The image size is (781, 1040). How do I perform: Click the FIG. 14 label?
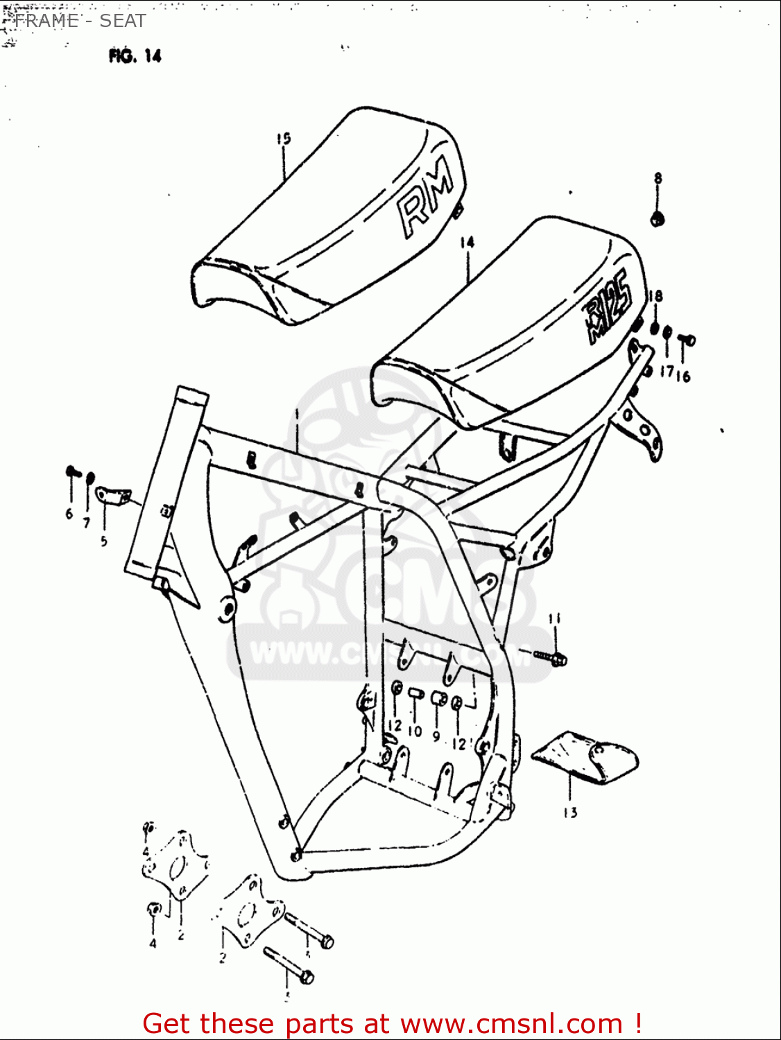[x=135, y=56]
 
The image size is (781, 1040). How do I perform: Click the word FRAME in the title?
[x=47, y=21]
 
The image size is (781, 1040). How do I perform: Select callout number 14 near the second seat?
[x=467, y=242]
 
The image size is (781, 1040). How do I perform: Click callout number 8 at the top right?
[x=658, y=178]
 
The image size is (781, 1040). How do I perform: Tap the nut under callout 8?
[x=658, y=219]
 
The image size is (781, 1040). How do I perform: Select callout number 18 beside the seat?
[x=655, y=296]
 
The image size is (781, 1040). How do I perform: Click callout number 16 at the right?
[x=684, y=376]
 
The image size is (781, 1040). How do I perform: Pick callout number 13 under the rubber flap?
[x=570, y=813]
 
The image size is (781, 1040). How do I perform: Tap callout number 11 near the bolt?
[x=554, y=618]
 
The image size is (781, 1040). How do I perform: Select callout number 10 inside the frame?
[x=415, y=731]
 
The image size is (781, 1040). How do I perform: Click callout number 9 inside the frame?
[x=436, y=736]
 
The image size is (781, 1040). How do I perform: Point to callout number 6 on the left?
[x=69, y=514]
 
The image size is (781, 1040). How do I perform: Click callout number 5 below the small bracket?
[x=104, y=541]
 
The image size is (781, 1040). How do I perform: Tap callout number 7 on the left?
[x=87, y=523]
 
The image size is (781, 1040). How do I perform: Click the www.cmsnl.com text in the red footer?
[x=511, y=1024]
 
